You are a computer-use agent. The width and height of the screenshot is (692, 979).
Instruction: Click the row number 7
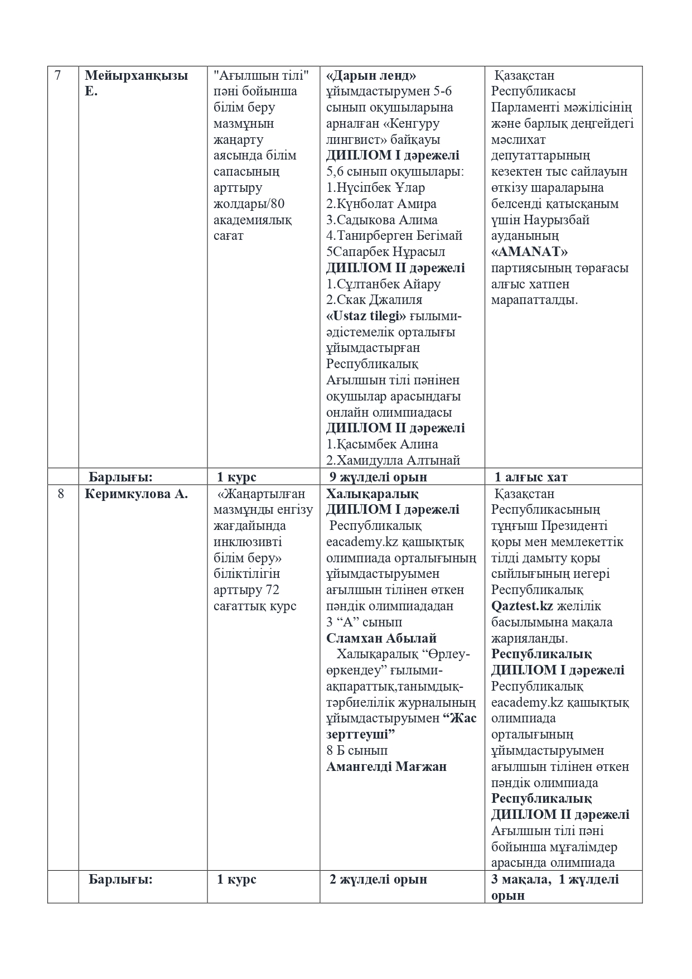click(x=58, y=75)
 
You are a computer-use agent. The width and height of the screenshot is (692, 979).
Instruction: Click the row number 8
click(x=60, y=494)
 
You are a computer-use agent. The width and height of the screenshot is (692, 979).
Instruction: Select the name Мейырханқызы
click(x=136, y=75)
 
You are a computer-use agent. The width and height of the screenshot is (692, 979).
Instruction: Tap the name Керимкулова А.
click(x=136, y=494)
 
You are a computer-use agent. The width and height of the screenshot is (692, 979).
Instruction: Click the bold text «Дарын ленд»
click(x=371, y=75)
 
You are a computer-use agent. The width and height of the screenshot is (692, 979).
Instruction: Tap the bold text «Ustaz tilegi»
click(x=366, y=316)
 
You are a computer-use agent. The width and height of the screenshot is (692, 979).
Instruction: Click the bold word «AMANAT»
click(x=529, y=252)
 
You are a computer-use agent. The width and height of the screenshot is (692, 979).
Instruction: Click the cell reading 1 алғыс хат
click(x=531, y=477)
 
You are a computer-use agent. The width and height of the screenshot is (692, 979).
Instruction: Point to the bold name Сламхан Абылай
click(x=381, y=638)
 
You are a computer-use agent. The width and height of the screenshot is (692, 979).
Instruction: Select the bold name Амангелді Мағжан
click(x=386, y=766)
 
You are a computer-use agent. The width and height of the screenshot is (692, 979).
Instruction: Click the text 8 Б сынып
click(x=357, y=750)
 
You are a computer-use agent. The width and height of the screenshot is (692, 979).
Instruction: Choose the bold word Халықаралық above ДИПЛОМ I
click(x=372, y=494)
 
